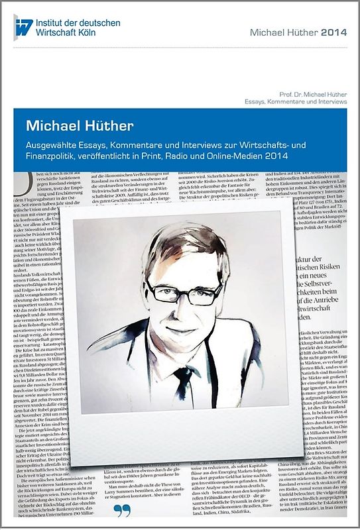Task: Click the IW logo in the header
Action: click(x=23, y=27)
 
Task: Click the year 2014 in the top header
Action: click(x=333, y=32)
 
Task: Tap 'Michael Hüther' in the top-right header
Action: click(x=284, y=32)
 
